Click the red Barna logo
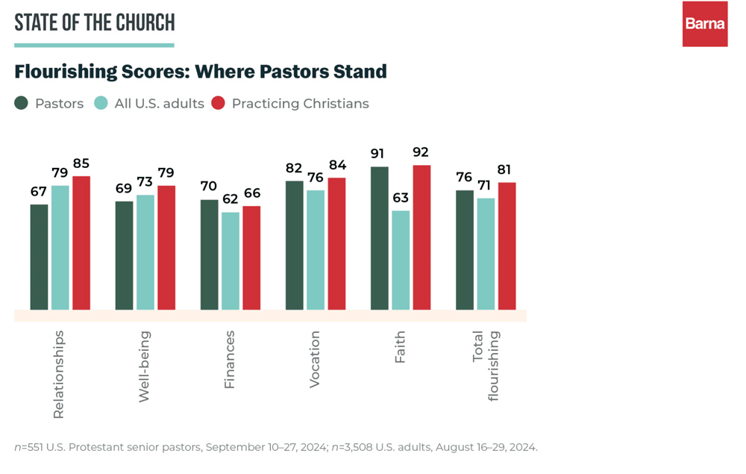(x=704, y=24)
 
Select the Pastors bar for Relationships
(x=39, y=257)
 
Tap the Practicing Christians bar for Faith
(x=421, y=237)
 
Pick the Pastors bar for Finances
(x=209, y=255)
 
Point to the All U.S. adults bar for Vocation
(x=316, y=250)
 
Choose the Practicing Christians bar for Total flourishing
(x=507, y=246)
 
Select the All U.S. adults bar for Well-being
(x=145, y=252)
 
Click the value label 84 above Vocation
(x=337, y=165)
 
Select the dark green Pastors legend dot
(x=22, y=103)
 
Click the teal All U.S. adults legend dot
(x=101, y=103)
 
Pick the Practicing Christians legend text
(x=300, y=104)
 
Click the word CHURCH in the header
(x=144, y=22)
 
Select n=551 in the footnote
(x=30, y=447)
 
